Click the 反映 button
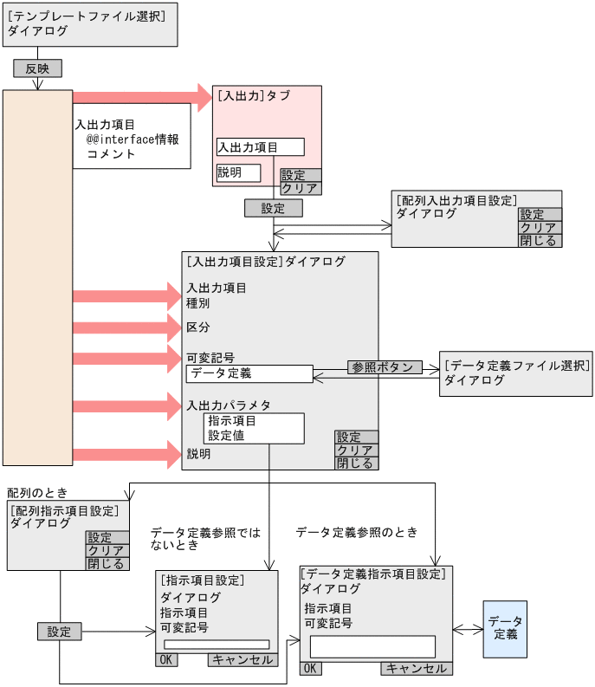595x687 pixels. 37,68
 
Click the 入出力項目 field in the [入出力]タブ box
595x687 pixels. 260,147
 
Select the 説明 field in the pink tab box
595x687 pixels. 238,172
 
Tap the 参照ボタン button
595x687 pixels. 385,367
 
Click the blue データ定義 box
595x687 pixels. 505,629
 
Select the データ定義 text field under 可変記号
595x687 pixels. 249,373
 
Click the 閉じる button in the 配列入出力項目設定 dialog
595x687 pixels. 540,241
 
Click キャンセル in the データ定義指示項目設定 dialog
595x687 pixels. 416,668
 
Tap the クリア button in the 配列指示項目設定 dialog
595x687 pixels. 107,550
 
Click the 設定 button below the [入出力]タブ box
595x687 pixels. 273,208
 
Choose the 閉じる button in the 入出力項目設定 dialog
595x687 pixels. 356,463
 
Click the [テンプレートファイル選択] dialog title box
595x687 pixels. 90,23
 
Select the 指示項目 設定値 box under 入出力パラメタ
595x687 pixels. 254,428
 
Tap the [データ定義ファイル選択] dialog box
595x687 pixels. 516,373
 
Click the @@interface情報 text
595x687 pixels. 133,139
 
